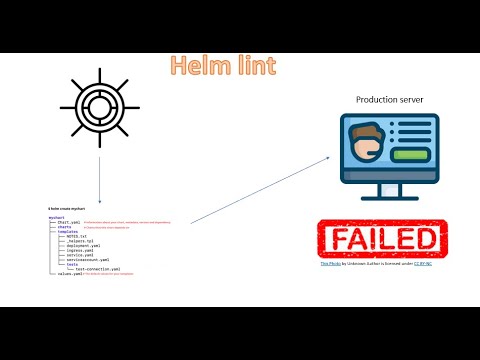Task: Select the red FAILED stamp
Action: (377, 238)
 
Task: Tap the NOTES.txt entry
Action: (77, 235)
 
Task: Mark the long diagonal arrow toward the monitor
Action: (260, 189)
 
